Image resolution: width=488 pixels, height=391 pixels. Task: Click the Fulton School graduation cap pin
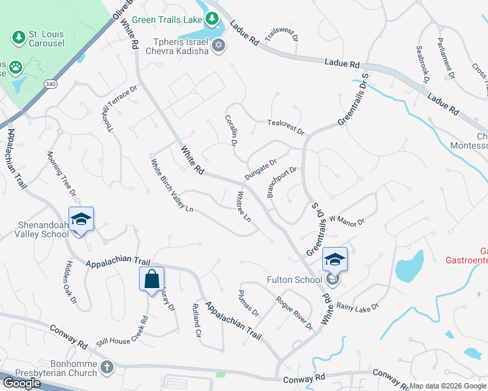[334, 260]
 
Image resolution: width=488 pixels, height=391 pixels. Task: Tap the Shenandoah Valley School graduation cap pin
[82, 220]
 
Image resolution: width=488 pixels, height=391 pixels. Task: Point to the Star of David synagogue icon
[219, 45]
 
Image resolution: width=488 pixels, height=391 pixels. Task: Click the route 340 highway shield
[50, 84]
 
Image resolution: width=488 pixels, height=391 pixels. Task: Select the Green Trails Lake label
[167, 20]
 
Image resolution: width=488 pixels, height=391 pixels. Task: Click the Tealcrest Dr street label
[286, 126]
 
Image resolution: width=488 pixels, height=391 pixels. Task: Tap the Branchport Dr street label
[282, 182]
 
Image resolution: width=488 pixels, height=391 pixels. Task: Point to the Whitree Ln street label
[243, 207]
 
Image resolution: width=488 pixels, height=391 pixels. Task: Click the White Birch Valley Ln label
[172, 186]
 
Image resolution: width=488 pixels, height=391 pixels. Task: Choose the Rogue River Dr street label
[294, 313]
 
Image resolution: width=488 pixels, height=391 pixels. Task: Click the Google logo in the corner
[22, 383]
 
